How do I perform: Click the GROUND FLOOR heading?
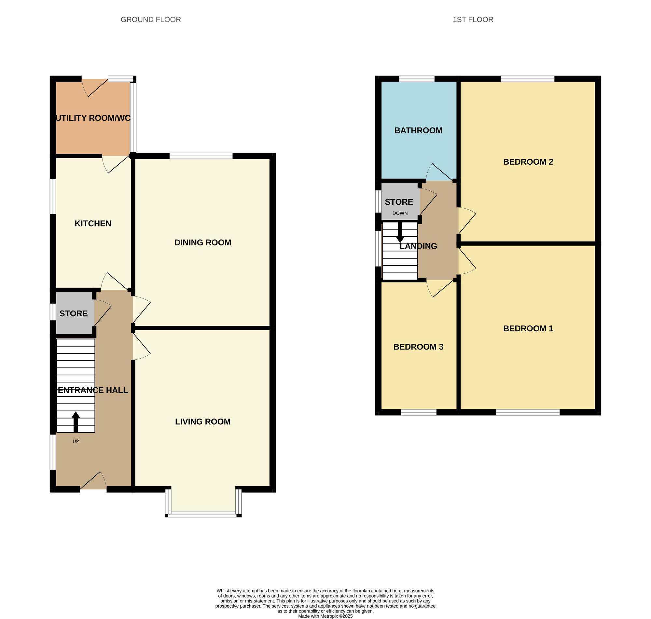point(150,20)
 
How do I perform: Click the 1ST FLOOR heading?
point(473,20)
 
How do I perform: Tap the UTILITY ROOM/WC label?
point(93,118)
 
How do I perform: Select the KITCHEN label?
point(93,223)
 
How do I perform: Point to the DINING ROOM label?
point(202,242)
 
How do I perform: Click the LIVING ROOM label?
point(202,421)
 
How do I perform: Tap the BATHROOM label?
point(418,130)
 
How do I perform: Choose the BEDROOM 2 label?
point(528,162)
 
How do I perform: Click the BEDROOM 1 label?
point(528,328)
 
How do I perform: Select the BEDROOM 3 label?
point(418,347)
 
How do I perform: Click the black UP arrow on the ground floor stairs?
point(76,422)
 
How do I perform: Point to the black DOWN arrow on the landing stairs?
point(400,233)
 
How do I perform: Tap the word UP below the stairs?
point(76,441)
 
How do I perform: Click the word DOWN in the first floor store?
point(400,213)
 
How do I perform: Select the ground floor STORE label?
point(73,313)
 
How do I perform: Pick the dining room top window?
point(201,156)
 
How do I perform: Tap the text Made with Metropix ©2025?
point(325,616)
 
